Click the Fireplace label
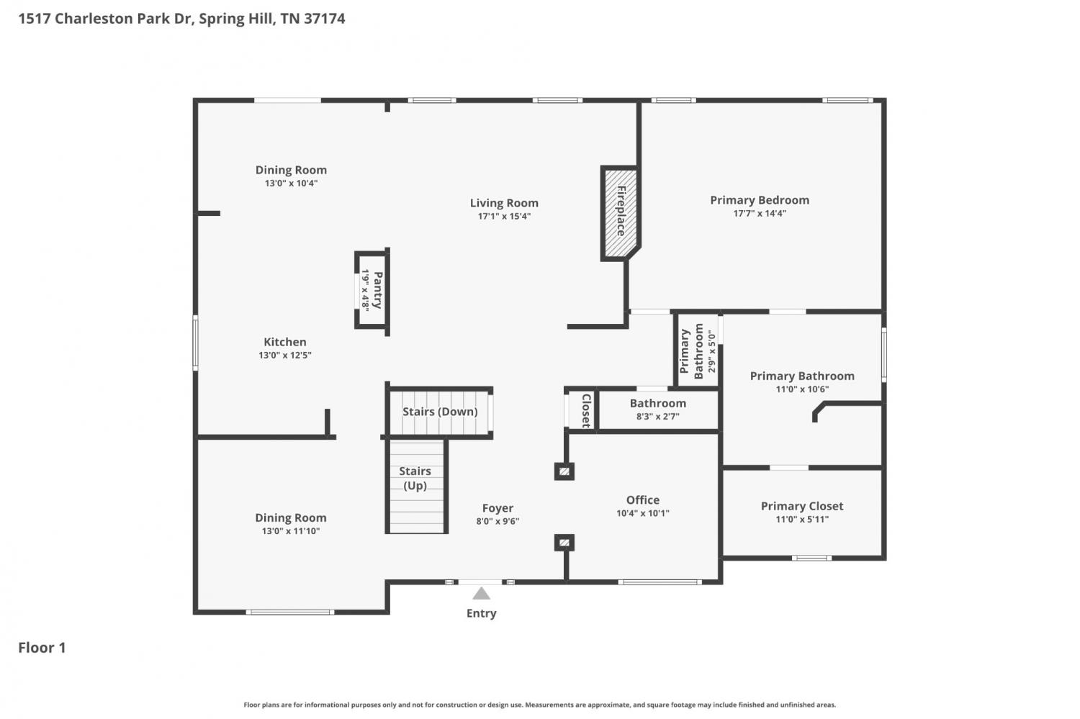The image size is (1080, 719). pyautogui.click(x=621, y=211)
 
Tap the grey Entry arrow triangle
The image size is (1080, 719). pyautogui.click(x=481, y=593)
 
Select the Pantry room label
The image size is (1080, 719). pyautogui.click(x=377, y=289)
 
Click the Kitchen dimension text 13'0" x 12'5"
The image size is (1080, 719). pyautogui.click(x=285, y=355)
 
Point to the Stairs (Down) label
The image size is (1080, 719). pyautogui.click(x=440, y=412)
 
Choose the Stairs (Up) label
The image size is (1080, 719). pyautogui.click(x=415, y=478)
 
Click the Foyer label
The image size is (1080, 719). pyautogui.click(x=498, y=508)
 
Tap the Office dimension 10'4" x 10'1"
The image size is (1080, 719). pyautogui.click(x=643, y=513)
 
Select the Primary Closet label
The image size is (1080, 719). pyautogui.click(x=802, y=506)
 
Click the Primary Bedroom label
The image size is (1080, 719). pyautogui.click(x=760, y=200)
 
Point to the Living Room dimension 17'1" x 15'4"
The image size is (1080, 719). pyautogui.click(x=504, y=217)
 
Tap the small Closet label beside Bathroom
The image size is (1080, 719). pyautogui.click(x=586, y=410)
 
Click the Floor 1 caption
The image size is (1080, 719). pyautogui.click(x=42, y=647)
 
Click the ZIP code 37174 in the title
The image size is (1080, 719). pyautogui.click(x=325, y=18)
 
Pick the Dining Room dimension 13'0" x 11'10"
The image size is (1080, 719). pyautogui.click(x=291, y=531)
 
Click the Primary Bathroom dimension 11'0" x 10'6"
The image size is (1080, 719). pyautogui.click(x=802, y=389)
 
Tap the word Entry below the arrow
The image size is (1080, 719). pyautogui.click(x=481, y=613)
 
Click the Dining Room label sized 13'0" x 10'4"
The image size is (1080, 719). pyautogui.click(x=291, y=170)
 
